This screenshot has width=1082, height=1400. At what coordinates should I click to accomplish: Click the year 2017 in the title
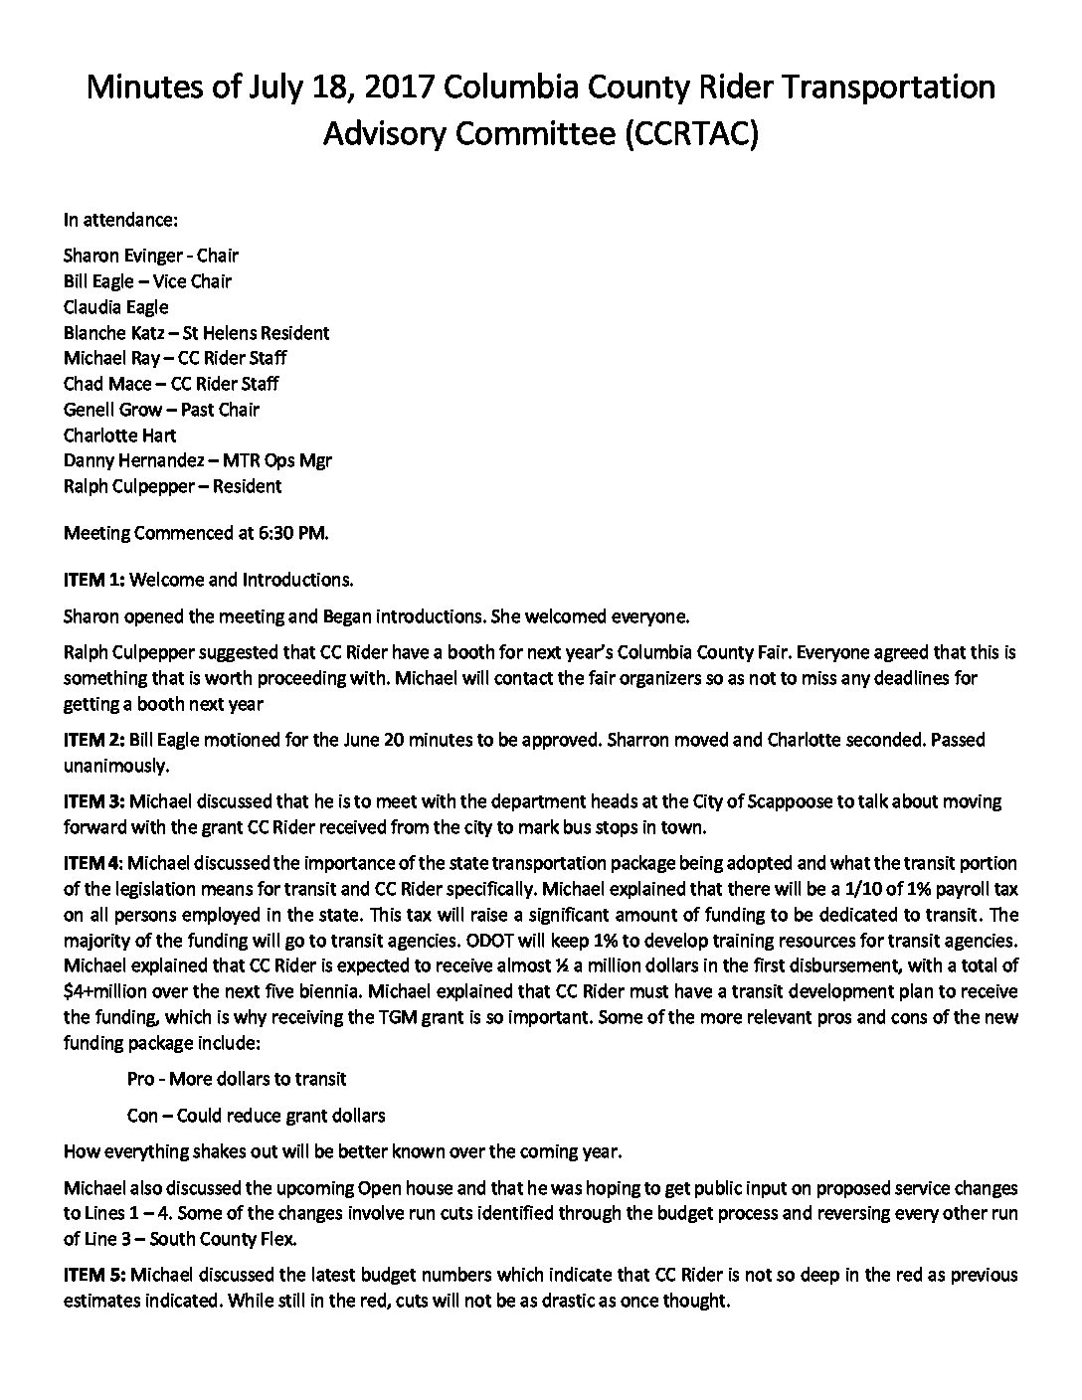398,87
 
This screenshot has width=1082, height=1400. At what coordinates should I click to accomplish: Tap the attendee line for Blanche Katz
196,333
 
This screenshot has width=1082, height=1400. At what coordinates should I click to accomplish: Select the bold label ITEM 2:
93,740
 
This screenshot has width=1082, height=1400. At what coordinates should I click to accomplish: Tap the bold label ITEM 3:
93,801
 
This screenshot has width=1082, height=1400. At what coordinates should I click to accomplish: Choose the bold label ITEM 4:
93,863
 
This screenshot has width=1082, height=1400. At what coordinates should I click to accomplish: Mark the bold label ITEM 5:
93,1275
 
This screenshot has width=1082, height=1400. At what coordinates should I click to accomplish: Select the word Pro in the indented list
140,1078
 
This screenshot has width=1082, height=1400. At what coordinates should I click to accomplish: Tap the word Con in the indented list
142,1116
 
